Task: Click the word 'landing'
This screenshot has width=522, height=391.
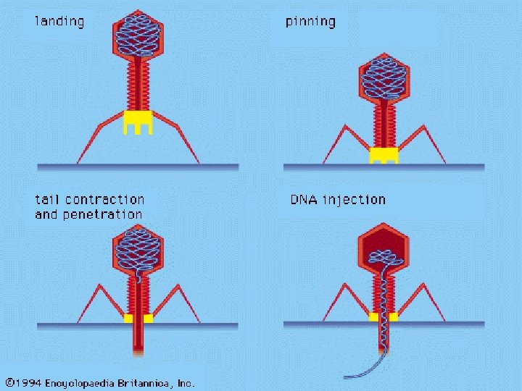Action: coord(59,21)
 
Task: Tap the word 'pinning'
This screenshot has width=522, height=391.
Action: coord(310,21)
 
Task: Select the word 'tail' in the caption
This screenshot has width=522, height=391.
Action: coord(47,199)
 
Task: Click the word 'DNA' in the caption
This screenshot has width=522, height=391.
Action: coord(304,199)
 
